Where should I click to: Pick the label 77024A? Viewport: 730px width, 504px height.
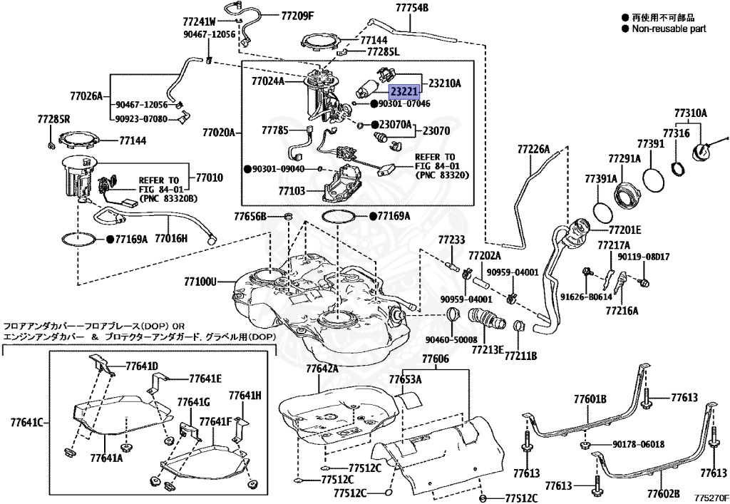[267, 81]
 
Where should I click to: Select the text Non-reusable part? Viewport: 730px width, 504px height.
[669, 29]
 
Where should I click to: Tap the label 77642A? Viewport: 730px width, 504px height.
[322, 369]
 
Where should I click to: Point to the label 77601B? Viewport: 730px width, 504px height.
[591, 398]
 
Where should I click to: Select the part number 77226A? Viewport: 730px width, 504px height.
[534, 149]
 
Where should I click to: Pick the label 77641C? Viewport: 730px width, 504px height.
[26, 422]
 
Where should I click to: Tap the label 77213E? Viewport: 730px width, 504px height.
[488, 350]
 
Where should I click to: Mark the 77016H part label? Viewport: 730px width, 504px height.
[172, 239]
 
